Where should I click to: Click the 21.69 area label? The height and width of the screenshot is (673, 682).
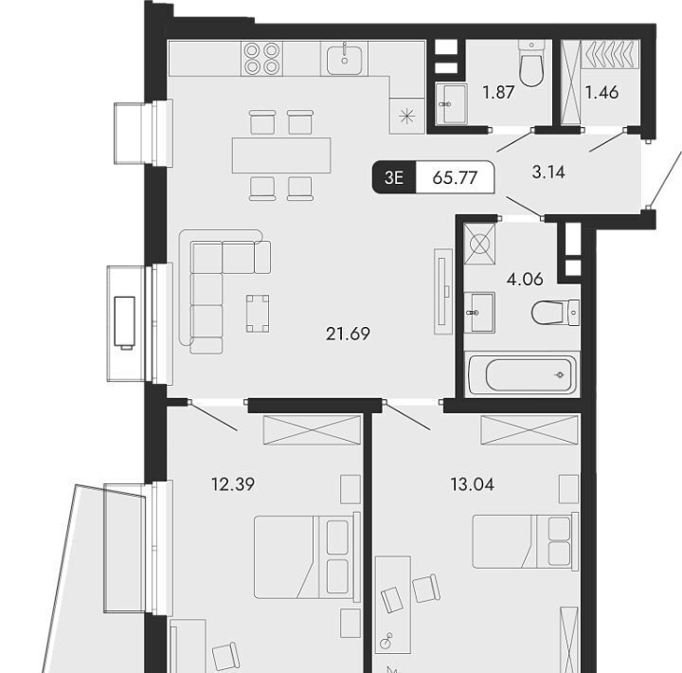point(348,335)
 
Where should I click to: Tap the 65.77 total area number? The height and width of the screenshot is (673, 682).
point(455,178)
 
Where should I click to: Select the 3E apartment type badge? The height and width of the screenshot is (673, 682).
point(394,177)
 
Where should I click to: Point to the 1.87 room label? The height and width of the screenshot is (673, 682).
point(498,92)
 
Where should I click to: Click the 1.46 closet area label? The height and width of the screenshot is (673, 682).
point(602,92)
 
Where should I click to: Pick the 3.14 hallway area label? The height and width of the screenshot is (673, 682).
point(548,172)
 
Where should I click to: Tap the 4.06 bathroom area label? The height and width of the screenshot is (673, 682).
point(525,279)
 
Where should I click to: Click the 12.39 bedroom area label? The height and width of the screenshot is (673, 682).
point(233,484)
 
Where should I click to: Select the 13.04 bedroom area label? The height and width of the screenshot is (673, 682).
point(473,484)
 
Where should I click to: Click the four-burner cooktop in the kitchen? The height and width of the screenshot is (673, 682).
point(261,59)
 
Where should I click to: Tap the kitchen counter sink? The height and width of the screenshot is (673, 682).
point(344,59)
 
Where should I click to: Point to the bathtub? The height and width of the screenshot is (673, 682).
point(522,374)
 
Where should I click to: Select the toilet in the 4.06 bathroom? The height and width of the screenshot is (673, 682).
point(555,313)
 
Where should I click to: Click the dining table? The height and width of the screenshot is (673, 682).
point(281,155)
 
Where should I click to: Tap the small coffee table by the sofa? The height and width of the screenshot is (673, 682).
point(258,314)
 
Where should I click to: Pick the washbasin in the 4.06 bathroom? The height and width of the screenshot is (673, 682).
point(479,312)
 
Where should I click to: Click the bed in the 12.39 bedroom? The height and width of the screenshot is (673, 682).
point(308,556)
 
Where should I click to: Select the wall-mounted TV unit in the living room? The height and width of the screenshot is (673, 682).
point(442,292)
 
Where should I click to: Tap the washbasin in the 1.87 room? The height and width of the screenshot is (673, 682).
point(452,103)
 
